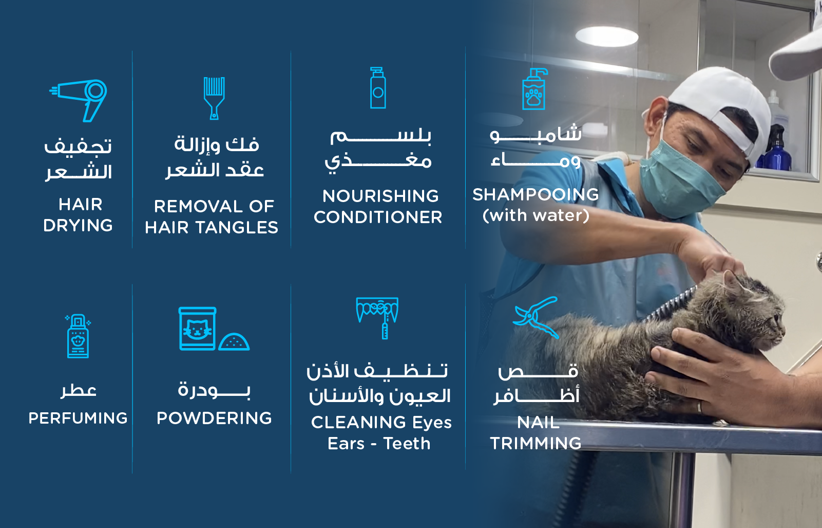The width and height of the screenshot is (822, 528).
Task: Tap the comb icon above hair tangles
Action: coord(214,98)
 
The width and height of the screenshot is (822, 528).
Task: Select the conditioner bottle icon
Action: coord(377,88)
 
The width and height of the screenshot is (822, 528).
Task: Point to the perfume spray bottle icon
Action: coord(78,336)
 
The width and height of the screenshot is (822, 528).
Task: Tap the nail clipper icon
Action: coord(536,317)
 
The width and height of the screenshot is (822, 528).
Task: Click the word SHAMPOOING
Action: coord(536,195)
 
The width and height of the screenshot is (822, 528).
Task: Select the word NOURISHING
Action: coord(380,196)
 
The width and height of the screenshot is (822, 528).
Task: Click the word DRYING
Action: coord(78,226)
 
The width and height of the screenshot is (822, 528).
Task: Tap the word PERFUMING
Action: coord(78,418)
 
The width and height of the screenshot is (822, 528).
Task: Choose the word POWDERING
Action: coord(214,418)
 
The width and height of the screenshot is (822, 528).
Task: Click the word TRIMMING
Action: coord(536,444)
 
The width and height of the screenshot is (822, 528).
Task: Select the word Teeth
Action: coord(407,444)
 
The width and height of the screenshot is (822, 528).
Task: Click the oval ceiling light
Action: coord(606,37)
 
